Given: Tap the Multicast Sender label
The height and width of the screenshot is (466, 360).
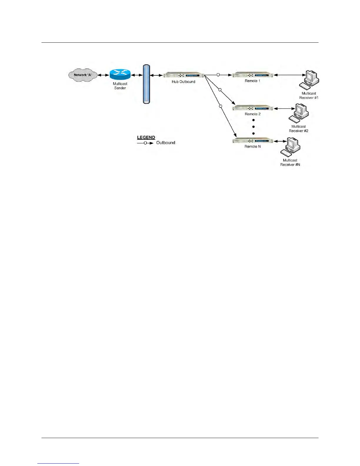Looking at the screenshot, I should coord(120,86).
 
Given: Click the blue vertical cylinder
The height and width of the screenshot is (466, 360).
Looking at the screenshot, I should coord(146,84).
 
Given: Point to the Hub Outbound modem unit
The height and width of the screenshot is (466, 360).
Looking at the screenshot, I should coord(184,75).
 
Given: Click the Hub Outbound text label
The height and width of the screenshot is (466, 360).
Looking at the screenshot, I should coord(184,82).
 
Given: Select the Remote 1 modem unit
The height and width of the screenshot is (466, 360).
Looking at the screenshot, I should coord(253,75).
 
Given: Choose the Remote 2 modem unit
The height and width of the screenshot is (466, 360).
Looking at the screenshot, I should coord(253,108).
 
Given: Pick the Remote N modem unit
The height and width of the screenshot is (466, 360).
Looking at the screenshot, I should coord(253,141).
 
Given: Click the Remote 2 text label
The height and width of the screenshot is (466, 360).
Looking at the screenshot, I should coord(253,114).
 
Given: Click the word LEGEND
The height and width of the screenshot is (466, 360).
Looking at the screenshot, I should coord(146,137).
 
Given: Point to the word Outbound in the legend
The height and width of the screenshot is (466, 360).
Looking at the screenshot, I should coord(166,143).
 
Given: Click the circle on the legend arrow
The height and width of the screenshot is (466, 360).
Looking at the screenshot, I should coord(145,143).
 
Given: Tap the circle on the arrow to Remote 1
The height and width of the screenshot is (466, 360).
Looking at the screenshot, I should coord(218,75).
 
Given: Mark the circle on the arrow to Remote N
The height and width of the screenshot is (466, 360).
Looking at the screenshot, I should coord(221,106).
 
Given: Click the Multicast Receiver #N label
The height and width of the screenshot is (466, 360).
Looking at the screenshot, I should coord(290,162).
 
